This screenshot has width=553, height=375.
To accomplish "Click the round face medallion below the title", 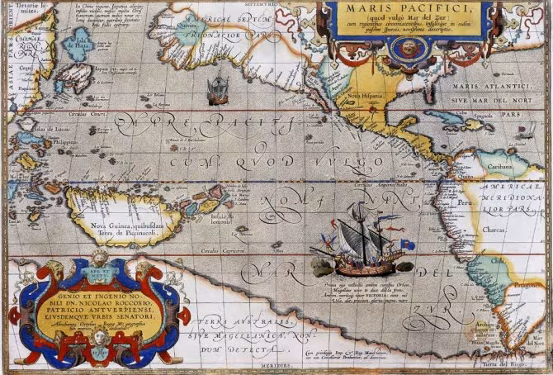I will click(406, 49).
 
